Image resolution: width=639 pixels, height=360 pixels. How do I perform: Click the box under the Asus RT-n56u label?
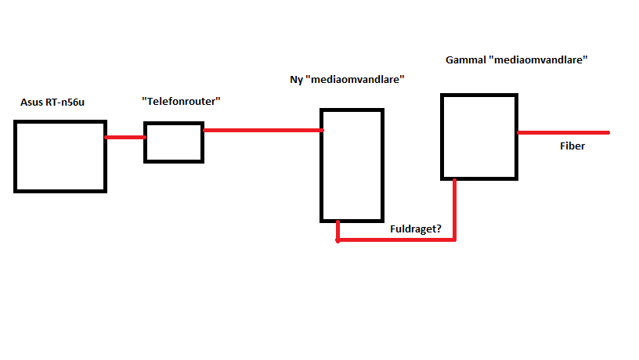60,156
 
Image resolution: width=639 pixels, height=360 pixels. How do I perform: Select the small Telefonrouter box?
173,142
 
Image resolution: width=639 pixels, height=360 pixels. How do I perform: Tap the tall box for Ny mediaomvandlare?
352,165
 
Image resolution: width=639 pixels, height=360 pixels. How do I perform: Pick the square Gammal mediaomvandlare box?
478,137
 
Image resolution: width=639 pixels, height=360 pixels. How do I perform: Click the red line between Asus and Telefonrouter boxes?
125,138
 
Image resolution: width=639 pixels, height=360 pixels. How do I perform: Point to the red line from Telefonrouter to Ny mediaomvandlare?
262,130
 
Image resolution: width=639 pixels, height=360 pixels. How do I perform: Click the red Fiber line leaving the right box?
563,133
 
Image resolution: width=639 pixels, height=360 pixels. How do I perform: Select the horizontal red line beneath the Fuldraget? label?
395,240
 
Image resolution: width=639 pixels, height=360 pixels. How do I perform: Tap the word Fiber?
572,146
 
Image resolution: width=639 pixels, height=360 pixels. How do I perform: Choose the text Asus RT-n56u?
52,103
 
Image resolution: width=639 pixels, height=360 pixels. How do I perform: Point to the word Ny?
297,80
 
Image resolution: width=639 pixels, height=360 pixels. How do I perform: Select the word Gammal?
464,59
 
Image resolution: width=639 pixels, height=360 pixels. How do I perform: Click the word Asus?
32,103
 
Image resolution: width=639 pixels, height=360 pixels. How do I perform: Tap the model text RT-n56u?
64,103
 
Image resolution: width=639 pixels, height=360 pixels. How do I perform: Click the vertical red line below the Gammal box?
455,209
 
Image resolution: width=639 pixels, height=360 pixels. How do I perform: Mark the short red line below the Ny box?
338,231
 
